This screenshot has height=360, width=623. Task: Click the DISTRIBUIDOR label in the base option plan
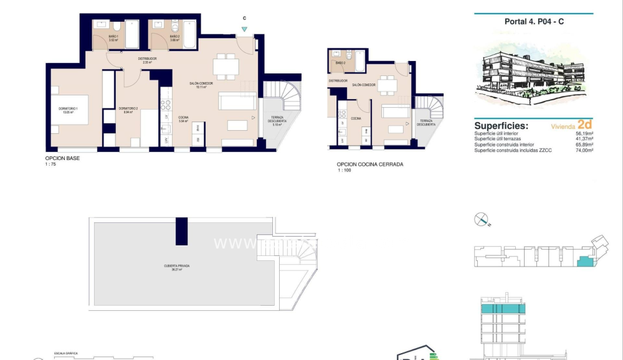click(147, 59)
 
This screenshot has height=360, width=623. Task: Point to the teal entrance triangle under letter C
click(244, 29)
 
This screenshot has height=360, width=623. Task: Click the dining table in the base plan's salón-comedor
click(225, 64)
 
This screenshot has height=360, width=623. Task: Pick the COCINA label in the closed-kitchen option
click(355, 118)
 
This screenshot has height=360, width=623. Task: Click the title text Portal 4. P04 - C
click(534, 22)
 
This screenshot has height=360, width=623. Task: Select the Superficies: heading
click(501, 125)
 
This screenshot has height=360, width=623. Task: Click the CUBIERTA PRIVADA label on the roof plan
click(177, 266)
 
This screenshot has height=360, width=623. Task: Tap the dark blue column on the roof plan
click(181, 230)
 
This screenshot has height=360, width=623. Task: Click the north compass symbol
click(482, 219)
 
